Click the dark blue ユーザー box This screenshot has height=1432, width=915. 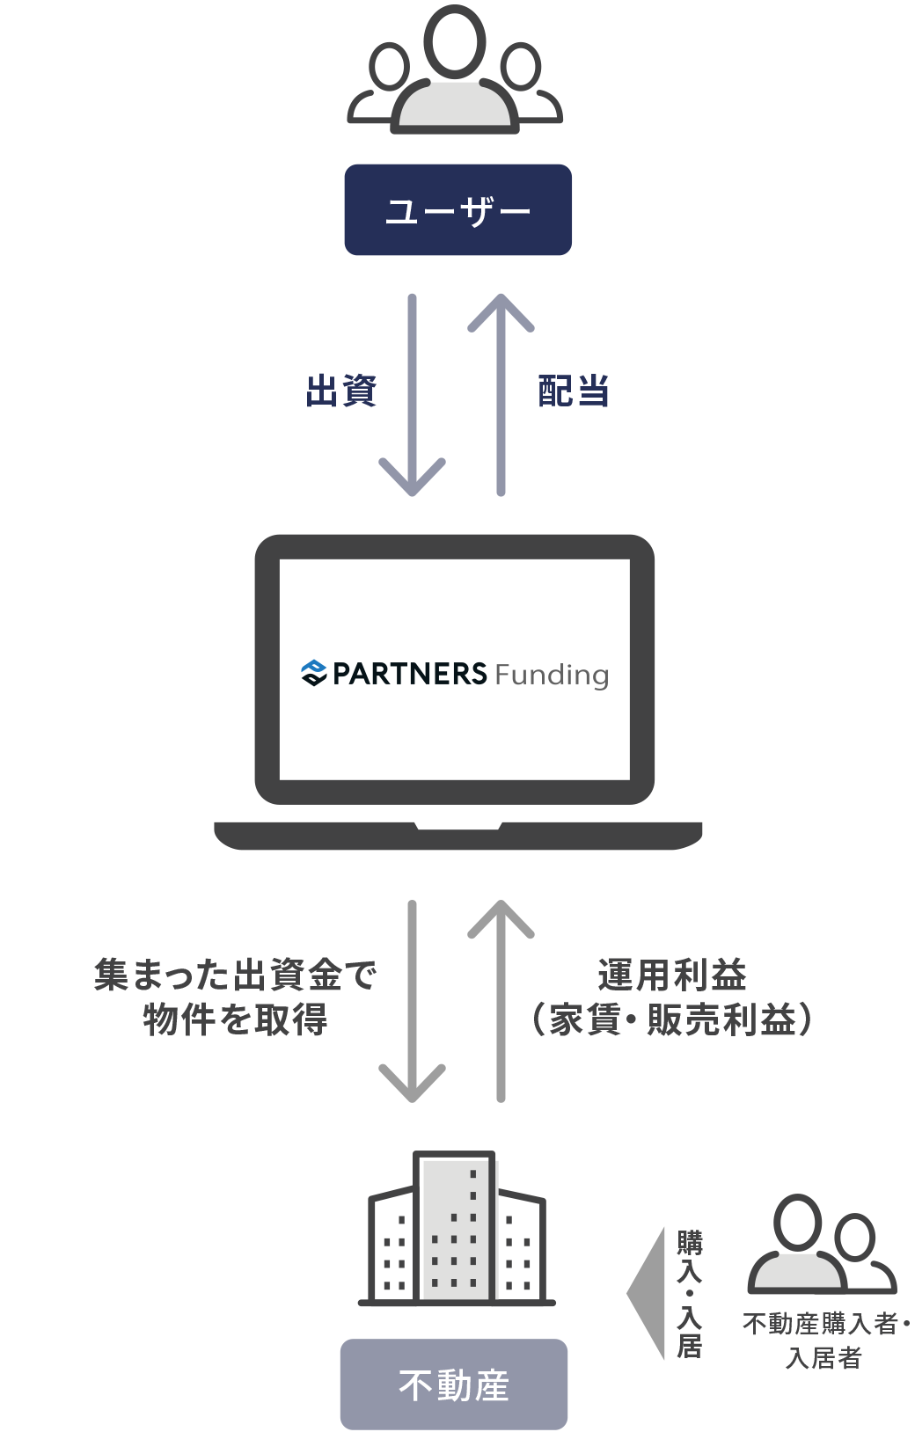457,210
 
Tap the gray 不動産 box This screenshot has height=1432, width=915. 454,1385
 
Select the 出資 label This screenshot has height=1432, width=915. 341,391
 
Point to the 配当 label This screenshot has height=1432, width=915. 574,391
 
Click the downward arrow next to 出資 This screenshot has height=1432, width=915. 412,396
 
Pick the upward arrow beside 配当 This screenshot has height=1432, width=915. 501,396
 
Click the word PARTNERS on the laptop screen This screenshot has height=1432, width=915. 409,674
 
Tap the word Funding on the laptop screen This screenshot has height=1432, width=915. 552,676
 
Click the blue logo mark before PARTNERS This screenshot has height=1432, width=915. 313,673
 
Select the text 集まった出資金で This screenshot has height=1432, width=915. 236,975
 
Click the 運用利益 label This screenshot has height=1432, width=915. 671,975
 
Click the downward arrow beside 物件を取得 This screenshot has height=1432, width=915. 412,1003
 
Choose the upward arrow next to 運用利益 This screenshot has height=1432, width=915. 501,1003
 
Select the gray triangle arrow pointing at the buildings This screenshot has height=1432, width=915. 648,1293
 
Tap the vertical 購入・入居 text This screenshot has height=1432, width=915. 689,1293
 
